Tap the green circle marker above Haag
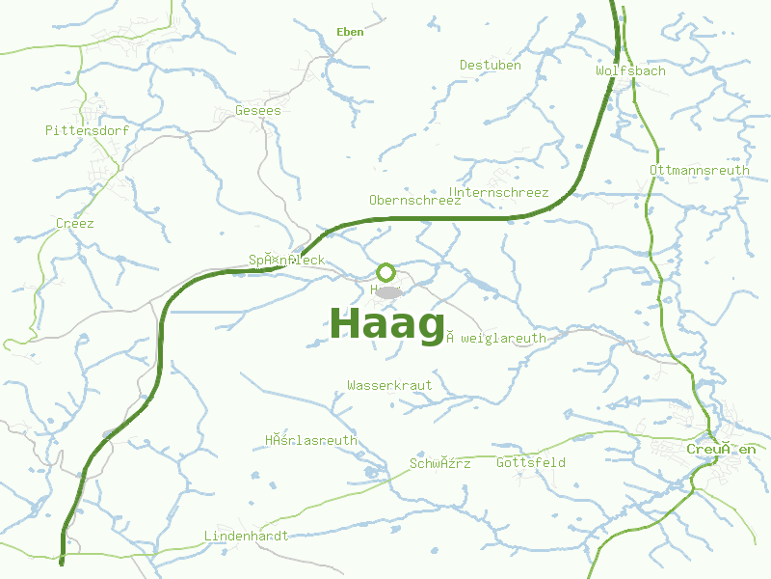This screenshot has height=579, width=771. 385,272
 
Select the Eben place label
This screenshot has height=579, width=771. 351,32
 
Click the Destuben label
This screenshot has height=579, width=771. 490,66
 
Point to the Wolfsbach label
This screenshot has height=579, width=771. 630,71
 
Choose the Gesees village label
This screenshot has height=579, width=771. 258,111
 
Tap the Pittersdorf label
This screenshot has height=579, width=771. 87,129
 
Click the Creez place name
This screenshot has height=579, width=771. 75,223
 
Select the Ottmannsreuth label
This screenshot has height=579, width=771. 700,171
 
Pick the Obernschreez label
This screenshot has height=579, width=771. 415,201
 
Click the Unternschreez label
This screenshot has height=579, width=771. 499,193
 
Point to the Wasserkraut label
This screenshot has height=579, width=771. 389,385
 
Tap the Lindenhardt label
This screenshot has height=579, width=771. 246,536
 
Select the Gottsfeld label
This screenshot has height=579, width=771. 530,463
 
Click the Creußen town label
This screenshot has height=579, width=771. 721,450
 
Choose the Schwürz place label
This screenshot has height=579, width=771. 440,464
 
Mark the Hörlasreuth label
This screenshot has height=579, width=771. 310,441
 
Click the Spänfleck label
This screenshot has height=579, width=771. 286,261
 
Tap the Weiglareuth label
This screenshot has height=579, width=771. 496,339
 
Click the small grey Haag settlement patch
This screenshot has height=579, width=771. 387,291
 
